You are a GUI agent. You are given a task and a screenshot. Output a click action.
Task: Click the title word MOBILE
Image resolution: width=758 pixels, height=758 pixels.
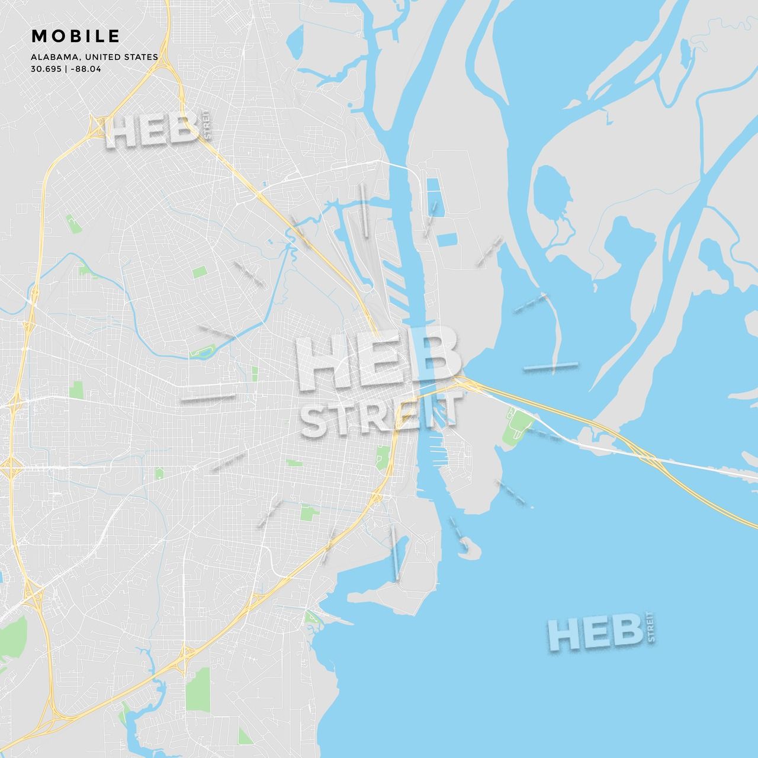click(76, 36)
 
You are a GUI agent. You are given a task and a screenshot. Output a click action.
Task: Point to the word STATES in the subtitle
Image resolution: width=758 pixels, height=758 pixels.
click(142, 57)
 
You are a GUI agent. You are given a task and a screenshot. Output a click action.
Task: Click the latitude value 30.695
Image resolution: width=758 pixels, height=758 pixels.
click(46, 69)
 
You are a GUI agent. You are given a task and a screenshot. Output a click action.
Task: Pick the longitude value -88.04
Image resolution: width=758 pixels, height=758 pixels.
click(86, 69)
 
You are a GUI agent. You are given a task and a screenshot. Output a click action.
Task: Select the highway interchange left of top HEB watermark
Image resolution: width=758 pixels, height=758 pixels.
click(95, 126)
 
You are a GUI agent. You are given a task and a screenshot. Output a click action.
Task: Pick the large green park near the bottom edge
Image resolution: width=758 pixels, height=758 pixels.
click(198, 689)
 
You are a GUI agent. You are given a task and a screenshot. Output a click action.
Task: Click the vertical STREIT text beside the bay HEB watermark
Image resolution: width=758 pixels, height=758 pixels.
click(651, 627)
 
